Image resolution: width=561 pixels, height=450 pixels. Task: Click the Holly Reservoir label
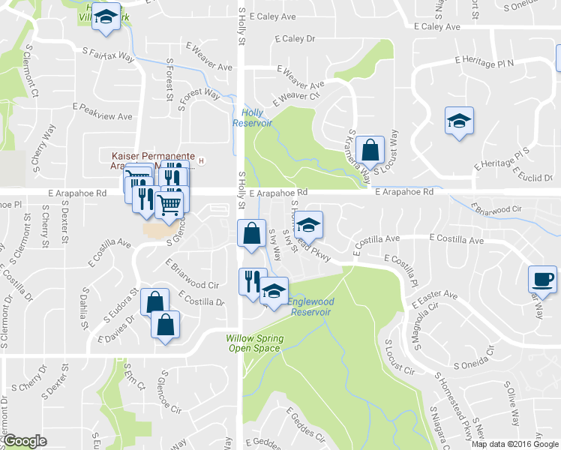click(252, 117)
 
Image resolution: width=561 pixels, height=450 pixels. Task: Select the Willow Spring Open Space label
click(255, 343)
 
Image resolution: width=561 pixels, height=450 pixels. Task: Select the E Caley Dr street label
click(295, 38)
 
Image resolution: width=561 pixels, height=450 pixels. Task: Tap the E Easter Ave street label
click(434, 299)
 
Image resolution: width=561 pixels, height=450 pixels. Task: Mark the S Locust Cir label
click(399, 358)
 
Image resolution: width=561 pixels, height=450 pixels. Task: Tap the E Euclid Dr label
click(534, 175)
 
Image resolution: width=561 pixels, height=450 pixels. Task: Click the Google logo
click(25, 441)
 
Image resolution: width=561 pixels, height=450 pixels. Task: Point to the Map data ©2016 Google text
click(514, 444)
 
